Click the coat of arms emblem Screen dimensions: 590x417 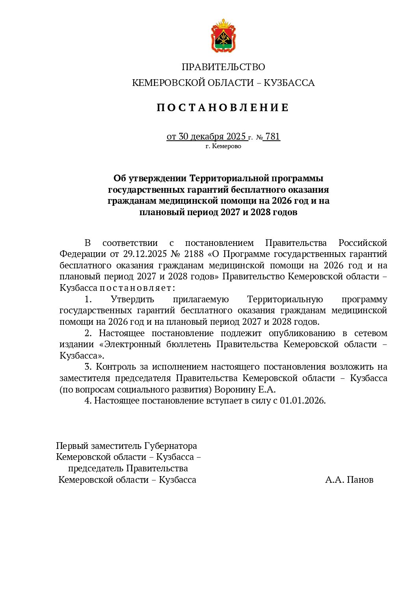point(223,36)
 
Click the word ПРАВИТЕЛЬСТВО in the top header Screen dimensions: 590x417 point(223,67)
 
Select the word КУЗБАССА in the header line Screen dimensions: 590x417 point(289,83)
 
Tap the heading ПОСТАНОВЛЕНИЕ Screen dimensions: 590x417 point(223,108)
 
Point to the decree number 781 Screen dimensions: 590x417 point(273,136)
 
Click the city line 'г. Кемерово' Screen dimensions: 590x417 point(223,146)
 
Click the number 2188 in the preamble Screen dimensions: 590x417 point(194,254)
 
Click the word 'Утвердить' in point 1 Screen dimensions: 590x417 point(132,299)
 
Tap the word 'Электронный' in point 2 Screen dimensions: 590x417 point(132,344)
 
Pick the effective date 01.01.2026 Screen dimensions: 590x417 point(302,400)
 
